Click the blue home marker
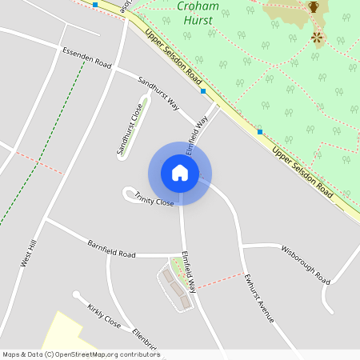pos(180,172)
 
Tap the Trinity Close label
pos(154,199)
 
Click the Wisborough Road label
pos(305,265)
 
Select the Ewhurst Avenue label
pos(260,299)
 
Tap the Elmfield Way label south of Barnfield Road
pos(189,272)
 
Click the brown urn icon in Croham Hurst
pos(314,7)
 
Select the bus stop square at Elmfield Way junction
pos(204,92)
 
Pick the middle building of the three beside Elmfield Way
pos(177,289)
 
